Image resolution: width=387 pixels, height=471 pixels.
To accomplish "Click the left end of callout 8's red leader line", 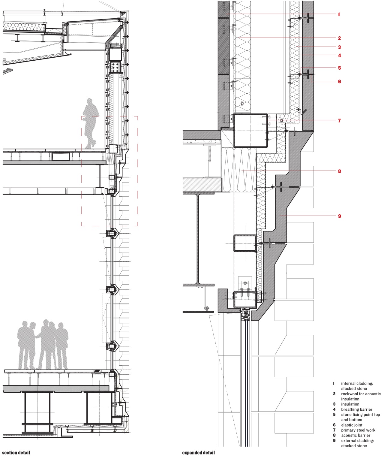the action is click(241, 171).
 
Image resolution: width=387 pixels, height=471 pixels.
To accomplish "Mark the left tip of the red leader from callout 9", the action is click(280, 216).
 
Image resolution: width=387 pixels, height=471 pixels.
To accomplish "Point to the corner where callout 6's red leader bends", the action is click(311, 82).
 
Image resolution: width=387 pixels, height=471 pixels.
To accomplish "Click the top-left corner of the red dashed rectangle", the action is click(82, 116).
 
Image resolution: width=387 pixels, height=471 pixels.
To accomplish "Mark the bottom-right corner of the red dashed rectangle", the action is click(137, 226).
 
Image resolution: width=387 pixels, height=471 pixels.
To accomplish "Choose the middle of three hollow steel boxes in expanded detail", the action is click(245, 243).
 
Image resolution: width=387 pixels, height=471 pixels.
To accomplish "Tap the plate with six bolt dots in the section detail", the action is click(115, 67).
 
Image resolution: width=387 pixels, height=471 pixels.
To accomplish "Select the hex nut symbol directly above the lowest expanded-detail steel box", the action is click(245, 283).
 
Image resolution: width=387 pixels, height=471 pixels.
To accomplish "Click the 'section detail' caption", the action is click(16, 453).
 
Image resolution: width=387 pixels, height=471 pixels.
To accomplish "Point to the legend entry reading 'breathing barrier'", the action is click(357, 409).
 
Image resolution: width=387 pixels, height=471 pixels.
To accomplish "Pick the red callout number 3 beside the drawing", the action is click(340, 47).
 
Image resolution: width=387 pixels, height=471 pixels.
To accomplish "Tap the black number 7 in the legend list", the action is click(334, 430).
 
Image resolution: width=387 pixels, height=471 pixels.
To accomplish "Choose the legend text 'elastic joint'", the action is click(352, 425).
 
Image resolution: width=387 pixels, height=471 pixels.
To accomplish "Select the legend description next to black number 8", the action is click(355, 435).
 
